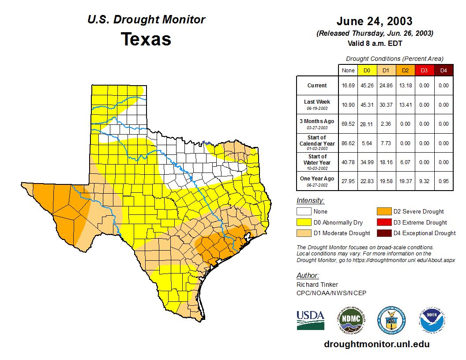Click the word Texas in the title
pyautogui.click(x=146, y=39)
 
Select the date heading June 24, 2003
pyautogui.click(x=374, y=21)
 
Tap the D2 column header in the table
pyautogui.click(x=405, y=71)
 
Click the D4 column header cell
pyautogui.click(x=443, y=71)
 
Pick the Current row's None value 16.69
pyautogui.click(x=348, y=86)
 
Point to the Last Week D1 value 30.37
pyautogui.click(x=386, y=105)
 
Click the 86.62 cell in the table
pyautogui.click(x=348, y=143)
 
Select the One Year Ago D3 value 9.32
pyautogui.click(x=424, y=181)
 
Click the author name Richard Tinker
pyautogui.click(x=317, y=285)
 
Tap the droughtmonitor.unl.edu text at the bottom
pyautogui.click(x=376, y=344)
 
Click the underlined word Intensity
pyautogui.click(x=310, y=201)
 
